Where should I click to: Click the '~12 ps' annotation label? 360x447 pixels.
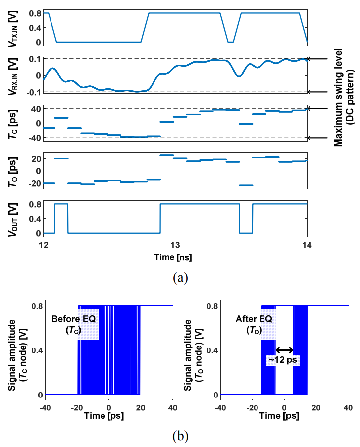point(283,360)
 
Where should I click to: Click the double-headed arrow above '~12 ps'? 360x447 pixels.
point(284,350)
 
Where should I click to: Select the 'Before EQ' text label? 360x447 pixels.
point(73,319)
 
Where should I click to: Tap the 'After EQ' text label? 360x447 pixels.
point(254,319)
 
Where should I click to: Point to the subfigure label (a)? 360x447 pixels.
point(180,277)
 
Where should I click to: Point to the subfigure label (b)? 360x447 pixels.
point(180,436)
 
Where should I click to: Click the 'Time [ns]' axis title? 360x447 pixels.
point(173,257)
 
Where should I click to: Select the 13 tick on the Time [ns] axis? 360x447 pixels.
point(175,245)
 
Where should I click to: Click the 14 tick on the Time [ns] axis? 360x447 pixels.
point(307,245)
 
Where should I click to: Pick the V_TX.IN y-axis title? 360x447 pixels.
point(13,29)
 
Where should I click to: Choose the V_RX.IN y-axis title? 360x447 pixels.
point(13,76)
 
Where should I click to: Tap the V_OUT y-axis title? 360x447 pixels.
point(13,219)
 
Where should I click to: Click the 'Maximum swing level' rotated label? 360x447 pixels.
point(338,98)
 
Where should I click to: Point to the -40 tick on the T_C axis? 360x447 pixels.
point(34,138)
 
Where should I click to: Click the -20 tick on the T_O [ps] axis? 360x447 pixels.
point(34,183)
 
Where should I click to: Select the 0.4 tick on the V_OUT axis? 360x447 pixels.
point(35,219)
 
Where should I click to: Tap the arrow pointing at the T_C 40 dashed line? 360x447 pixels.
point(317,108)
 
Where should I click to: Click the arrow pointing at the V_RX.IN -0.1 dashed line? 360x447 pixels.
point(317,92)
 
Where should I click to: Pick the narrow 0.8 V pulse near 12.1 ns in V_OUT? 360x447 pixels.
point(61,204)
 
